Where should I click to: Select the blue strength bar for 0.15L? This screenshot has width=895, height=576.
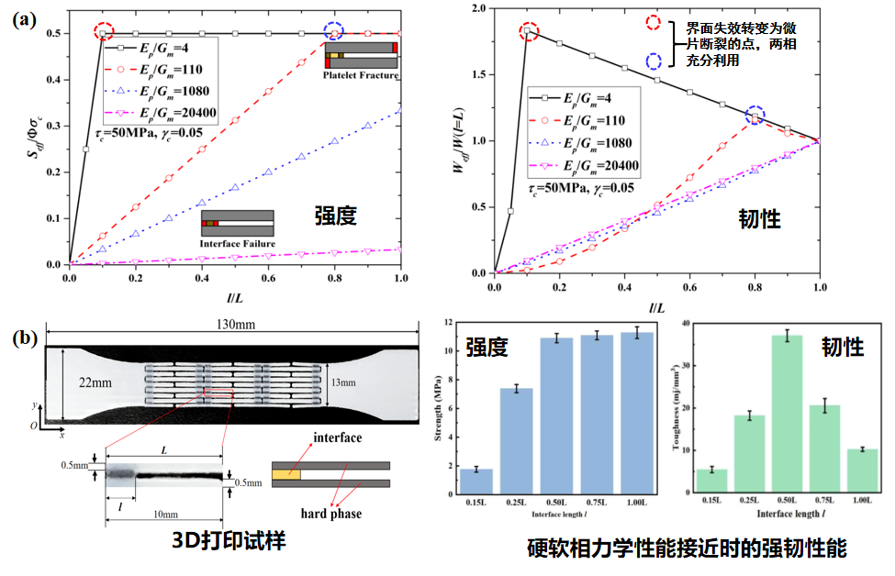475,482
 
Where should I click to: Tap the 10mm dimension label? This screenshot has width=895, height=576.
165,514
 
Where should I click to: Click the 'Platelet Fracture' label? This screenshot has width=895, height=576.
361,75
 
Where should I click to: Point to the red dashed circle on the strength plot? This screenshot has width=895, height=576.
104,33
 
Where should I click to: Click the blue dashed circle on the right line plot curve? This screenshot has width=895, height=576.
755,116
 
